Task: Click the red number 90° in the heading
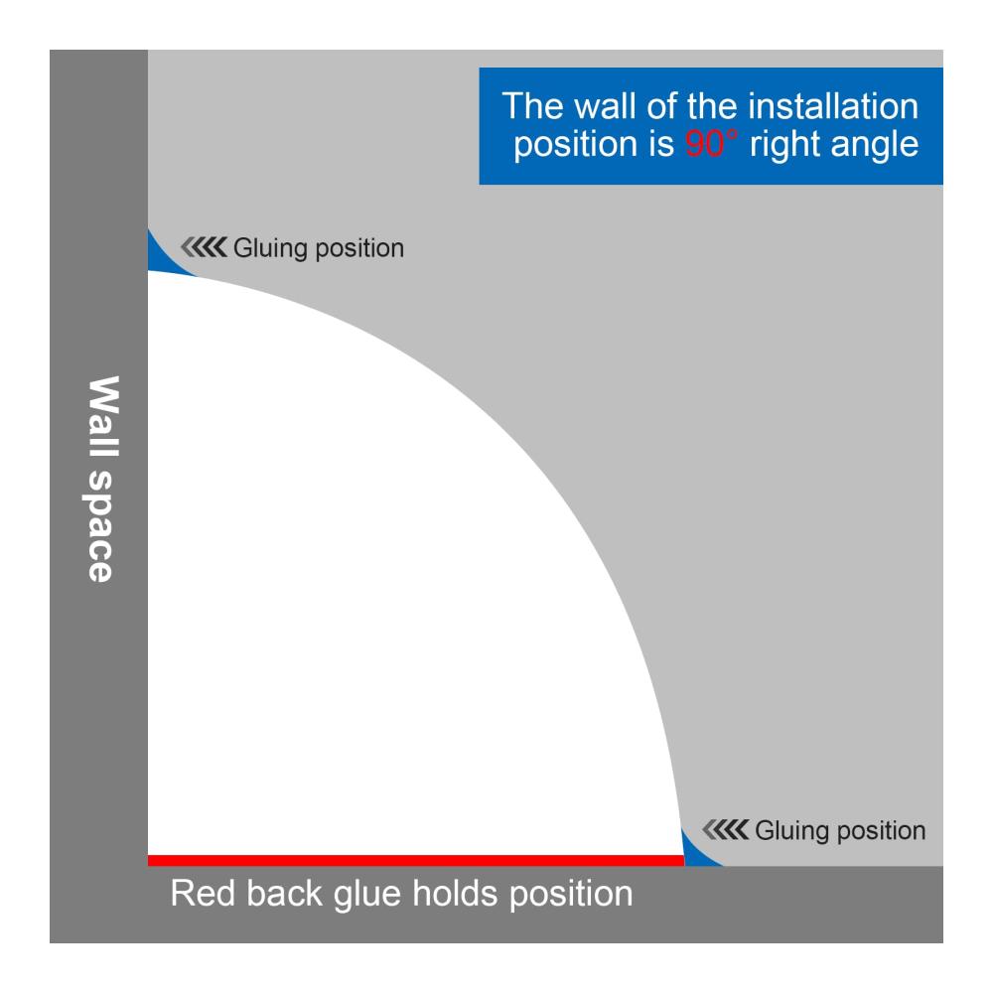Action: point(711,144)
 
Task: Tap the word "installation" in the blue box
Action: point(833,106)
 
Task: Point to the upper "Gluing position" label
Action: point(319,248)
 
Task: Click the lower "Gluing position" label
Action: point(840,831)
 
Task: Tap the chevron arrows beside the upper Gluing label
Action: point(204,247)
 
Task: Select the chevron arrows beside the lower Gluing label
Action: point(726,829)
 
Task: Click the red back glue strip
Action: point(416,860)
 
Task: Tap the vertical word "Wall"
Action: point(102,417)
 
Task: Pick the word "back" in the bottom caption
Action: point(284,894)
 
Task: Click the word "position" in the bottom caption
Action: point(571,896)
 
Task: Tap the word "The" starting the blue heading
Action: point(532,106)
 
